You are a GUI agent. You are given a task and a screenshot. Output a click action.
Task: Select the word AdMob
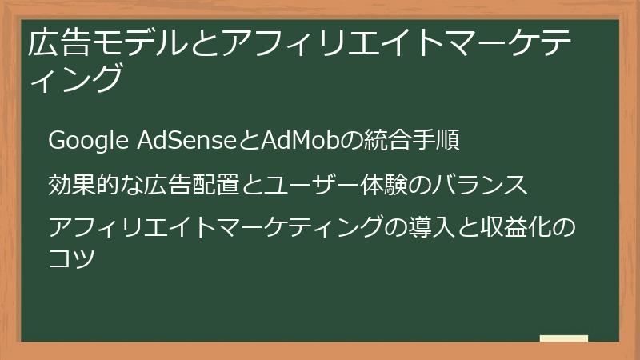(297, 142)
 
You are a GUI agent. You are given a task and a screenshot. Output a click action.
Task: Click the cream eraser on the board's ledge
(564, 338)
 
